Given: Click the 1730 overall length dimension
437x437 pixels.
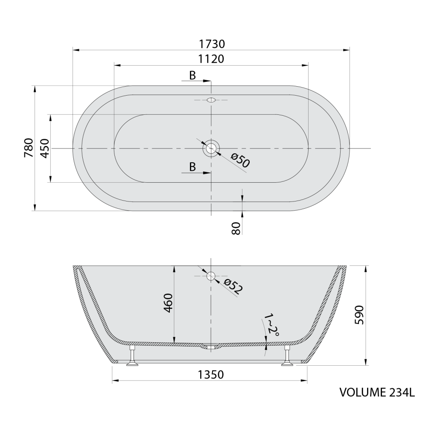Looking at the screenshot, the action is (212, 44).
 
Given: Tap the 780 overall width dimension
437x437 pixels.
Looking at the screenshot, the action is (29, 148).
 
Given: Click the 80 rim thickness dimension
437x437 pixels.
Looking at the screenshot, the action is (236, 228).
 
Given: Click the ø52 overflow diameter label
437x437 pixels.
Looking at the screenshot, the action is (233, 286).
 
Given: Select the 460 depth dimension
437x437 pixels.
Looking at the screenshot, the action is (168, 303).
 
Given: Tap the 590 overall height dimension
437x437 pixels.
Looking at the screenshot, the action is (359, 315).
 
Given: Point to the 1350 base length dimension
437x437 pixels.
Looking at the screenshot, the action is (211, 375).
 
